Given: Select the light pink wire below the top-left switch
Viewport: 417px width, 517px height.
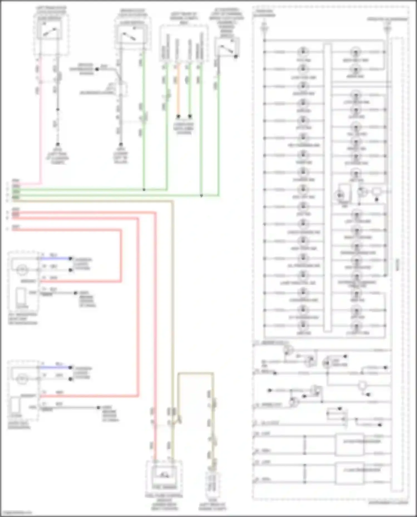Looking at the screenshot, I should pos(41,125).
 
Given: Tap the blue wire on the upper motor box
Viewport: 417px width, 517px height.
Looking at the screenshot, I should pos(55,258).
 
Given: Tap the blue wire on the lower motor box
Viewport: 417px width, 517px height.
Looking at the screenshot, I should pos(55,367).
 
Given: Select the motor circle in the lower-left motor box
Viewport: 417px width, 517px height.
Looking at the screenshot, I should pos(22,378).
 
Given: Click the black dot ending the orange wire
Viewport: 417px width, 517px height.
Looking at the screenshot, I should pos(178,116).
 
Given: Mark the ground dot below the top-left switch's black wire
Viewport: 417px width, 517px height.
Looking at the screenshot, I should pos(58,144).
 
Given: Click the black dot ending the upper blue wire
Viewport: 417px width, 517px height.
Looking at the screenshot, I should pos(71,258).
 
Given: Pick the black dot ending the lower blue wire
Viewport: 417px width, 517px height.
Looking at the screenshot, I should pos(71,367).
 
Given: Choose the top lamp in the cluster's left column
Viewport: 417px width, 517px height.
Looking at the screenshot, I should pos(303,52).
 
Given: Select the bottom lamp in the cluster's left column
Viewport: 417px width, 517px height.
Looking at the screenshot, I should pos(303,326).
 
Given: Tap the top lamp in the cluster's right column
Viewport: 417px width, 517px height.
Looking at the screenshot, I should pos(356,52).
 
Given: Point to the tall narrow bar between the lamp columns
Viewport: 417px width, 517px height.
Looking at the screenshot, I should pos(328,188).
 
